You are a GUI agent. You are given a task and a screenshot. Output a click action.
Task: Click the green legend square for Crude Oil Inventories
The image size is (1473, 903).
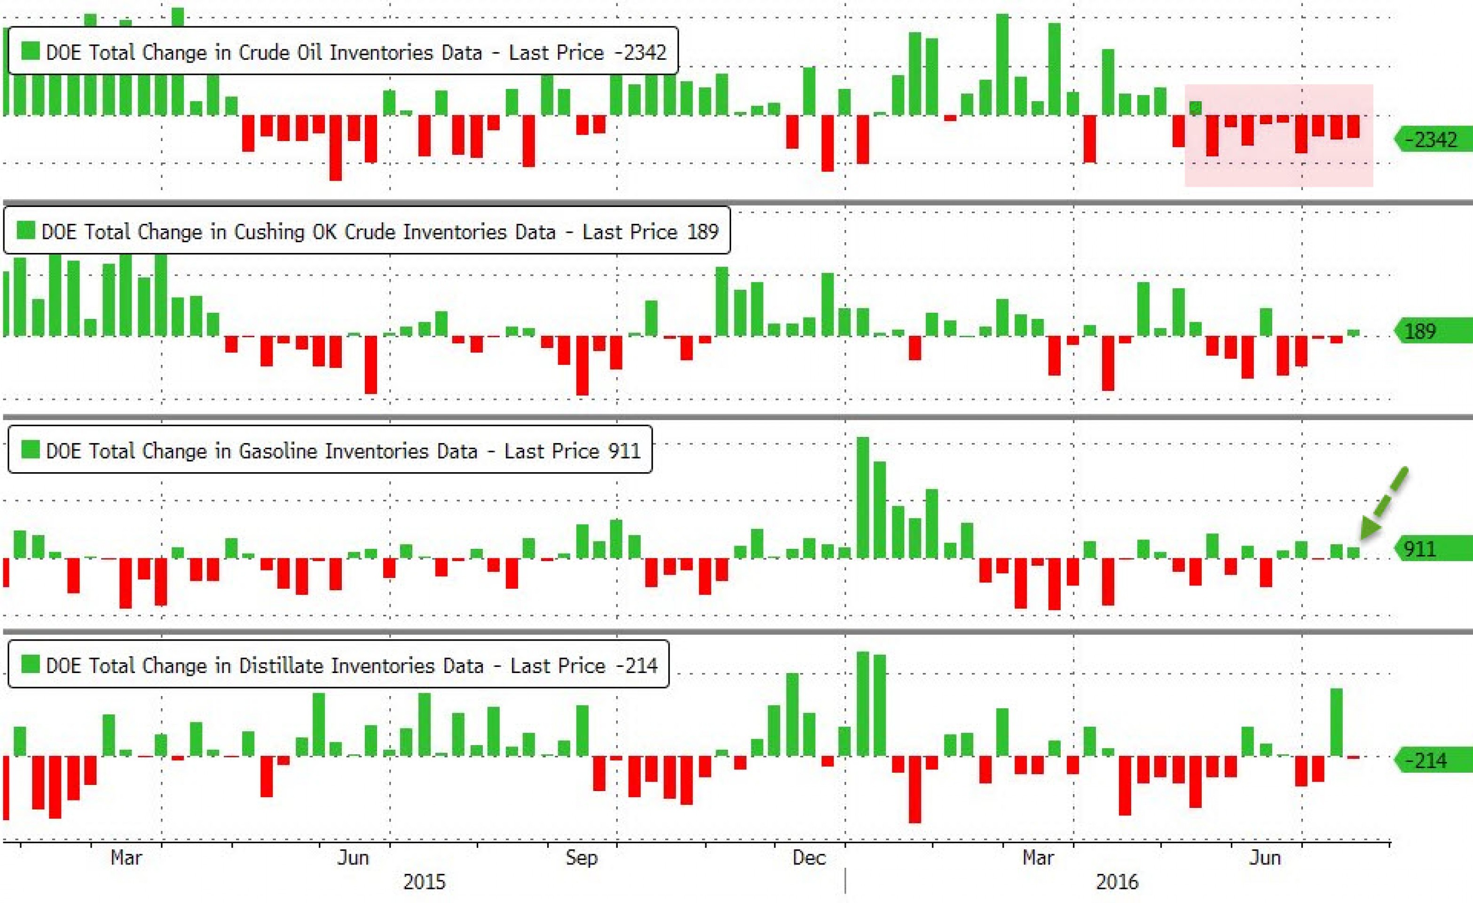click(x=30, y=51)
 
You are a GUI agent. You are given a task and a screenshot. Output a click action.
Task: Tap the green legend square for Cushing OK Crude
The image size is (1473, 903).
click(x=26, y=230)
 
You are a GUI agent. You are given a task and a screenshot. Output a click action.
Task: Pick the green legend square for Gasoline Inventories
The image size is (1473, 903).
click(x=30, y=450)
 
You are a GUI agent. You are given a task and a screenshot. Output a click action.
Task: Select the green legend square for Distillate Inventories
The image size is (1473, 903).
click(x=30, y=665)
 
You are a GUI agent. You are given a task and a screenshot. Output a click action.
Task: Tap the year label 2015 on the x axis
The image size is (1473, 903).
click(x=425, y=881)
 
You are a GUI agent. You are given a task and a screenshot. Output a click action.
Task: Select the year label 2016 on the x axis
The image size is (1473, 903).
click(x=1117, y=881)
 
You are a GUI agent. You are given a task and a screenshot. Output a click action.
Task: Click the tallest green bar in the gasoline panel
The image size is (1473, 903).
click(x=863, y=498)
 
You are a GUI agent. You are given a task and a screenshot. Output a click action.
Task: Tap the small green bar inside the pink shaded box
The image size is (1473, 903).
click(x=1196, y=108)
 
